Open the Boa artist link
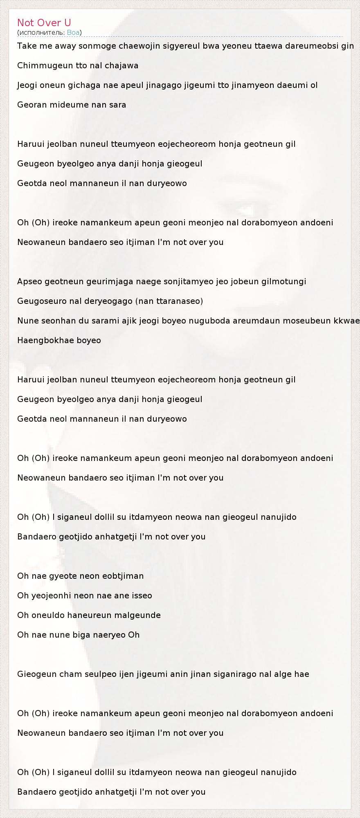73,33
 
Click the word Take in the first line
26,46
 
